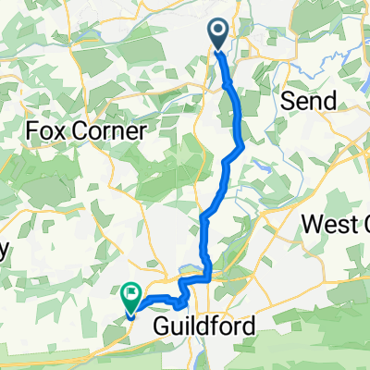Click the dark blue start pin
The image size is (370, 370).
219,34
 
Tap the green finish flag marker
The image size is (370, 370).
130,299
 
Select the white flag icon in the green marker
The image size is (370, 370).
131,296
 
